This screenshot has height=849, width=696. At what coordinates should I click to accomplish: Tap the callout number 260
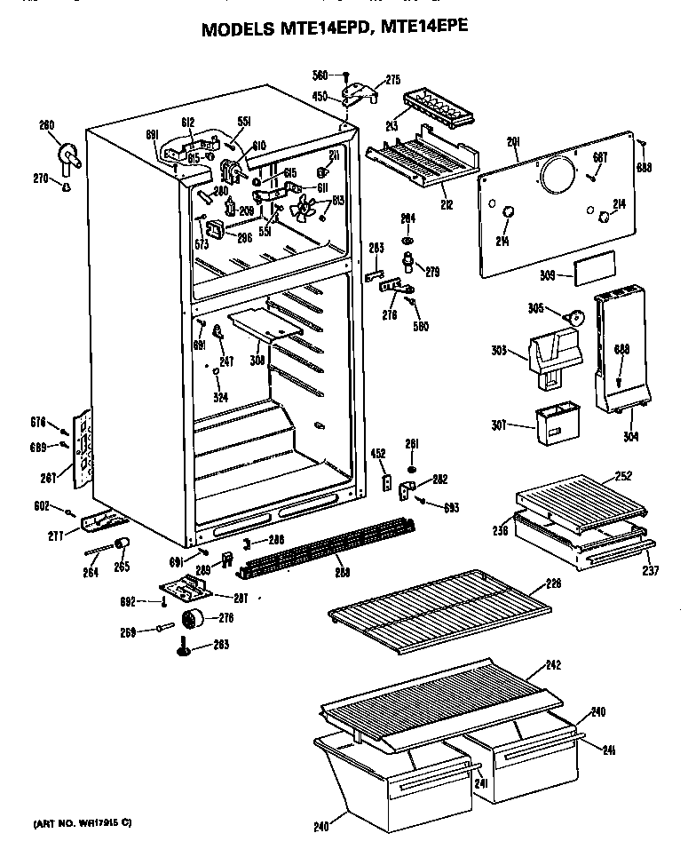pyautogui.click(x=47, y=125)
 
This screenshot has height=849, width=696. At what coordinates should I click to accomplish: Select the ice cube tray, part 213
pyautogui.click(x=435, y=108)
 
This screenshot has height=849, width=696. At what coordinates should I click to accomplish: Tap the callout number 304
pyautogui.click(x=630, y=436)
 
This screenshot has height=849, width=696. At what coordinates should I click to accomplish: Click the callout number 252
pyautogui.click(x=623, y=476)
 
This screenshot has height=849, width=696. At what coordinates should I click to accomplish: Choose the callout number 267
pyautogui.click(x=48, y=478)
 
